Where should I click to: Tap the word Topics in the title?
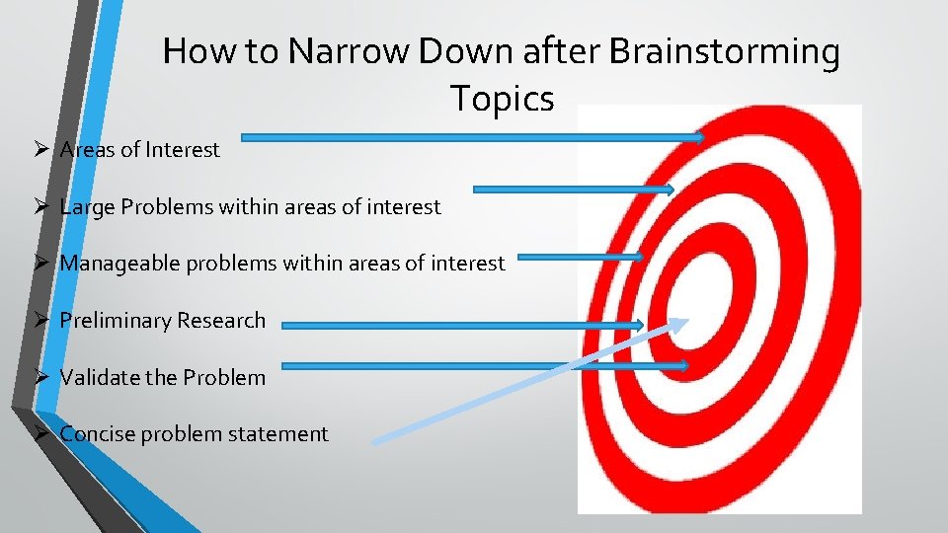pyautogui.click(x=502, y=99)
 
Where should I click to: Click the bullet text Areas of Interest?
pyautogui.click(x=139, y=150)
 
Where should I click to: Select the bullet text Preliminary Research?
pyautogui.click(x=162, y=321)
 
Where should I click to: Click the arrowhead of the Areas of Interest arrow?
pyautogui.click(x=698, y=137)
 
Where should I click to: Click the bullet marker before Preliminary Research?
pyautogui.click(x=41, y=321)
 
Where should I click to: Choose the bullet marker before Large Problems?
pyautogui.click(x=41, y=207)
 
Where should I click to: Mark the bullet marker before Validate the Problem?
pyautogui.click(x=41, y=377)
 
